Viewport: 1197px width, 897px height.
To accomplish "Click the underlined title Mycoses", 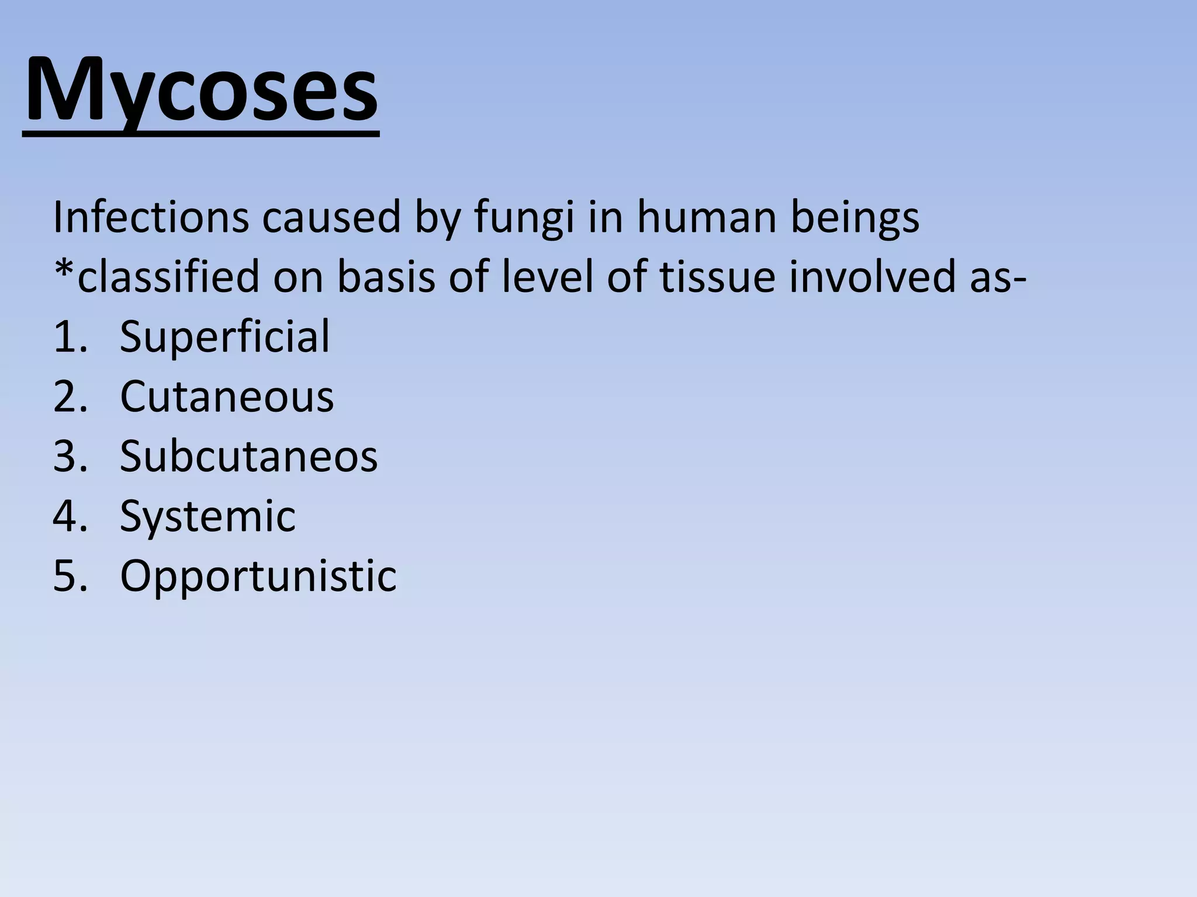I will point(201,92).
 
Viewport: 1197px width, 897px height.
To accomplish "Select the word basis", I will point(386,277).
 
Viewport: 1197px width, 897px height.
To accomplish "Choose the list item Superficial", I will point(224,337).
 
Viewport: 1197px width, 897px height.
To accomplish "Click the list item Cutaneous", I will point(227,397).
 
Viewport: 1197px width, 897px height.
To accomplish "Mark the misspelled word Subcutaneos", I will point(248,456).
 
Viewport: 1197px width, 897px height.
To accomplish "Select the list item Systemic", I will point(207,517).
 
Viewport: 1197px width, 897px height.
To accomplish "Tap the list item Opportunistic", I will point(258,577).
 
